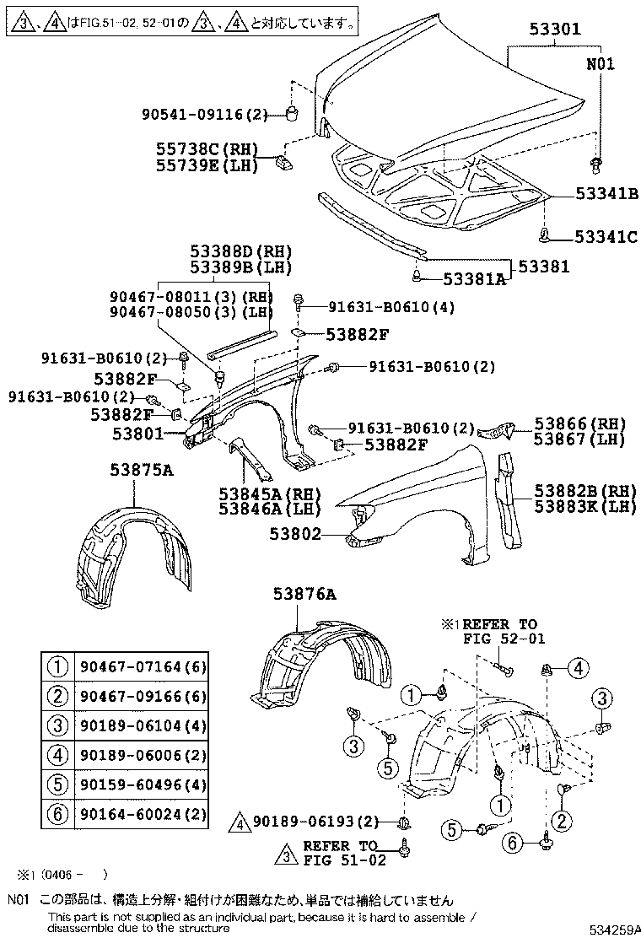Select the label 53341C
coord(606,237)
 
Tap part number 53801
coord(139,434)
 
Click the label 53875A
coord(141,470)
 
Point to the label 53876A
coord(304,595)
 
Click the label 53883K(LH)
coord(584,505)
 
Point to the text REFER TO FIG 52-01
coord(499,631)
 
